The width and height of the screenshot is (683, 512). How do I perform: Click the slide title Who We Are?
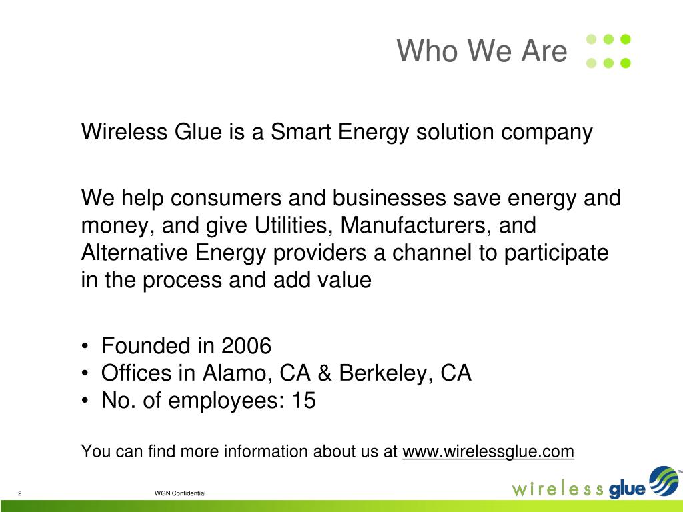482,51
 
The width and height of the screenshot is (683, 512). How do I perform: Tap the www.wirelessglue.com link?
488,451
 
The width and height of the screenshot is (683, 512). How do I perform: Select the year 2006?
246,346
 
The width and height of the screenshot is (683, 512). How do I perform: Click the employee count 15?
303,400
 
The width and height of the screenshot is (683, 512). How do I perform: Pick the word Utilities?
294,225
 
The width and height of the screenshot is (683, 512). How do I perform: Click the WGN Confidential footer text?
180,493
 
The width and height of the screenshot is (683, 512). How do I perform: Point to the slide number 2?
19,493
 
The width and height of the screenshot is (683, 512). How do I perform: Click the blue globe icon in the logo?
664,481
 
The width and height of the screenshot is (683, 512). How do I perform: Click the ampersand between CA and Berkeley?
325,373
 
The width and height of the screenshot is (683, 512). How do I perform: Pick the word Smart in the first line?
301,132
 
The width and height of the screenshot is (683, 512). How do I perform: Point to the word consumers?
226,198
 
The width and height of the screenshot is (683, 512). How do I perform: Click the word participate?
556,253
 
